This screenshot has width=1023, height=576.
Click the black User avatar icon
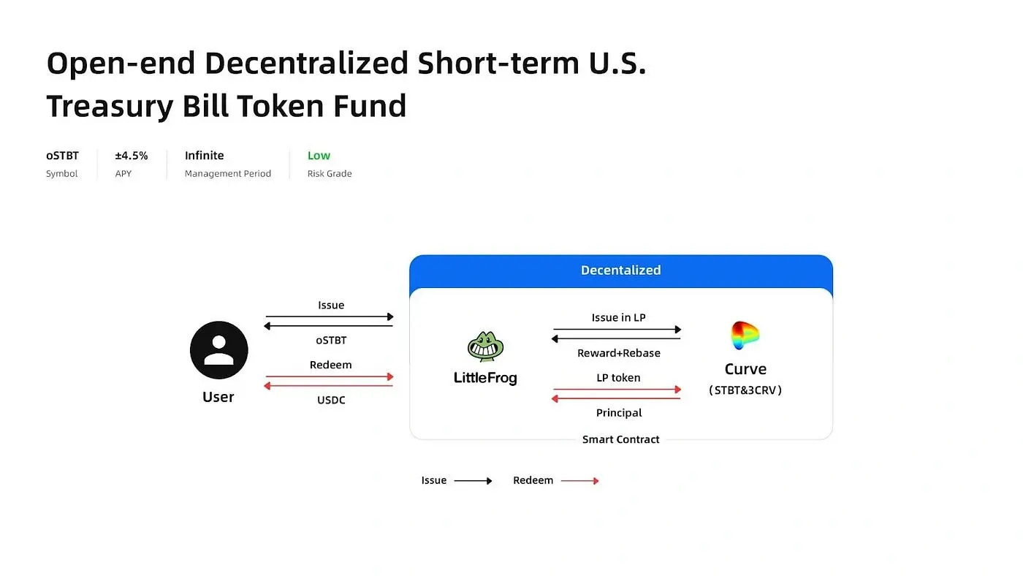[x=218, y=350]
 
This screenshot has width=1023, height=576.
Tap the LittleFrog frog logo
[x=485, y=346]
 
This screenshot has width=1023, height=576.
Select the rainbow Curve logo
[x=745, y=336]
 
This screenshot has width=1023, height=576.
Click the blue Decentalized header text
[x=620, y=270]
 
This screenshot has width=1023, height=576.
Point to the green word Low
[x=319, y=155]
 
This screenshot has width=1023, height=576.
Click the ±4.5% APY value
[x=132, y=155]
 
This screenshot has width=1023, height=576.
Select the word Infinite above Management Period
[x=204, y=155]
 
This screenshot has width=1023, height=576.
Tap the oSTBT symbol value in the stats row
[x=62, y=155]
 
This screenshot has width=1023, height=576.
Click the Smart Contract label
[x=620, y=439]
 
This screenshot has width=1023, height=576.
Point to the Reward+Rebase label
[x=619, y=353]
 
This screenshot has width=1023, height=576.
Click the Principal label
[x=619, y=413]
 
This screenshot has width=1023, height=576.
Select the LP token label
[x=618, y=378]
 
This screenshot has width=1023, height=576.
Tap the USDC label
[x=331, y=400]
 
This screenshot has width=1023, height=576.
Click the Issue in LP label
[x=618, y=317]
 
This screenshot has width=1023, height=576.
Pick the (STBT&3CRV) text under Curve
[x=745, y=390]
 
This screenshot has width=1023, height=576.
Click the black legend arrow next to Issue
[x=474, y=480]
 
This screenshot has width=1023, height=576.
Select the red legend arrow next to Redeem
[x=579, y=480]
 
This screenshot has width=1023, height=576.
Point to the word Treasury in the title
[x=110, y=107]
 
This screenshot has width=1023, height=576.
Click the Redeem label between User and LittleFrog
[x=330, y=365]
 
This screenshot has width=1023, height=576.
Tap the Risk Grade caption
[x=330, y=173]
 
